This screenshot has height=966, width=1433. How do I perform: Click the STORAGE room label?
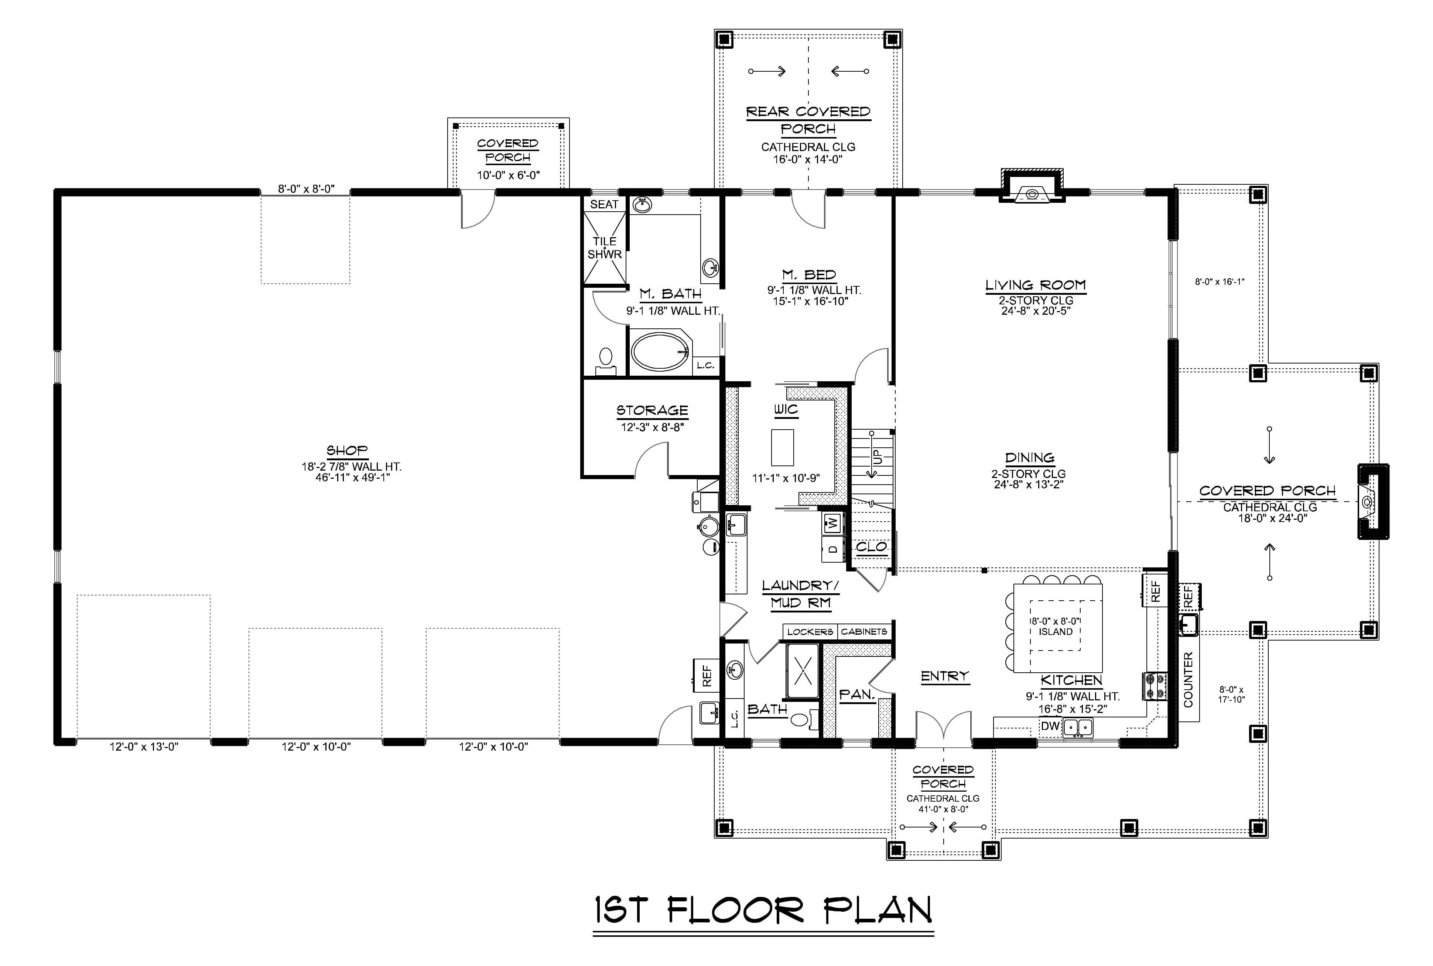click(x=652, y=410)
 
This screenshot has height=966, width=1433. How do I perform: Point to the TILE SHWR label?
click(x=604, y=248)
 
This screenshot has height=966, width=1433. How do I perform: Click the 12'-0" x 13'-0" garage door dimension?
click(x=144, y=747)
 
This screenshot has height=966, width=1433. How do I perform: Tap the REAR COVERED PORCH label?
click(x=808, y=120)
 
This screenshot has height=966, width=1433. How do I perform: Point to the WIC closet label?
click(x=786, y=410)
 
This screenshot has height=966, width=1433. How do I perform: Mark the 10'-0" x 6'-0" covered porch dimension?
click(x=508, y=175)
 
